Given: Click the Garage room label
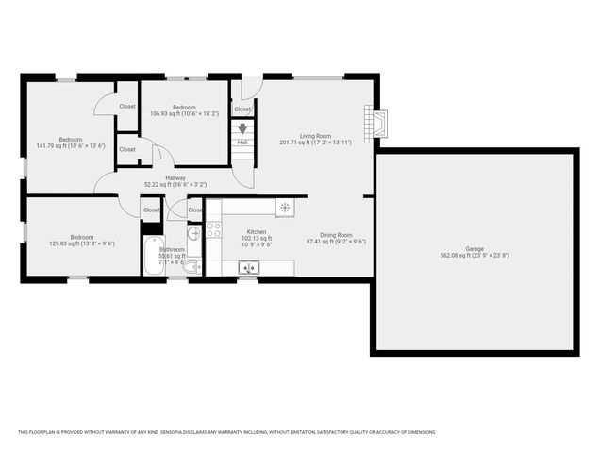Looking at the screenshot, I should (x=475, y=250).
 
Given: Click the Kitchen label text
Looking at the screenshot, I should (x=257, y=232).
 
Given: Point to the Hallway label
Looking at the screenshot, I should (x=175, y=178).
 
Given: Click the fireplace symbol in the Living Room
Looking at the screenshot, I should (x=375, y=124).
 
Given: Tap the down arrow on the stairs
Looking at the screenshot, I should (x=243, y=129).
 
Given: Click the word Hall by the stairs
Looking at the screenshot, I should (x=242, y=143).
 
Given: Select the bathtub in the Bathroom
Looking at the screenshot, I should (x=153, y=256).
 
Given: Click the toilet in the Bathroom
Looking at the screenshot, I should (x=189, y=268).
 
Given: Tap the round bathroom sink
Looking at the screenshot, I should (x=192, y=233).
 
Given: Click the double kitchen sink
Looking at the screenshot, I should (x=248, y=269).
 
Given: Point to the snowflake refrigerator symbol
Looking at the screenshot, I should (x=283, y=208).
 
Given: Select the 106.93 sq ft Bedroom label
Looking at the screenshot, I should (x=183, y=109).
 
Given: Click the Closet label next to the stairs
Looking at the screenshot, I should (x=242, y=109).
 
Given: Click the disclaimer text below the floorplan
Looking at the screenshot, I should (x=226, y=432).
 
